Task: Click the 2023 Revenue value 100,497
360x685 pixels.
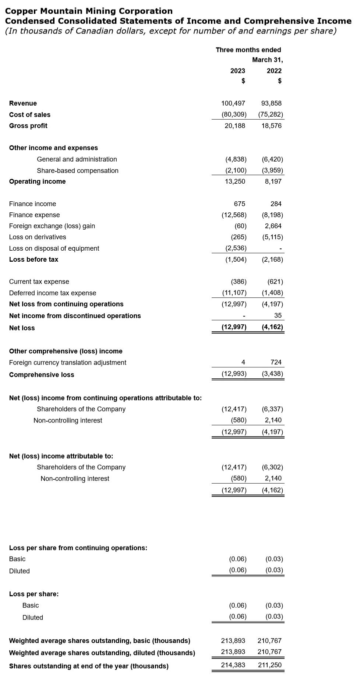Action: [x=233, y=103]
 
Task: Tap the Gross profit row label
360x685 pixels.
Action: [x=28, y=126]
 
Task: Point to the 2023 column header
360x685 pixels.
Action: [x=237, y=71]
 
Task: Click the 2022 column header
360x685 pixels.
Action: [x=274, y=71]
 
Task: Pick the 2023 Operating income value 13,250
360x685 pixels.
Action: [x=235, y=181]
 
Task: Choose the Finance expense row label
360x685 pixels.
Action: [x=34, y=215]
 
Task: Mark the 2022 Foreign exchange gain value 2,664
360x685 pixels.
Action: [x=273, y=226]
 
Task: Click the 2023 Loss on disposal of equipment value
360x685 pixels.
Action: [x=236, y=248]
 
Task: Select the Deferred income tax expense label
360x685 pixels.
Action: [x=53, y=293]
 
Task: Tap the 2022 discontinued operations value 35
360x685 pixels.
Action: [x=278, y=315]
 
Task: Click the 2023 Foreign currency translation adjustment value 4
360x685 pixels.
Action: [x=243, y=363]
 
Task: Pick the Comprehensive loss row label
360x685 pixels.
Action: [x=42, y=375]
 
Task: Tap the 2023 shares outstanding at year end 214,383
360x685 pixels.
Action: [x=233, y=665]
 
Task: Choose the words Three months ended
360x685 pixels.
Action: [x=248, y=50]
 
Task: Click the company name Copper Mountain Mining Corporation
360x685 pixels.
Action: [x=89, y=11]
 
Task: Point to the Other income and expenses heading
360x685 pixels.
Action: [x=53, y=148]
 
